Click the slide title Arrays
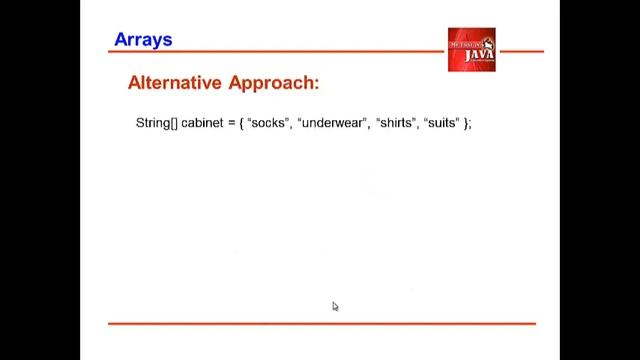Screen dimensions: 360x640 coord(143,40)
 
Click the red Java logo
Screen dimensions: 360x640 coord(471,50)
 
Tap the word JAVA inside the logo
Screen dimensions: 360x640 coord(477,54)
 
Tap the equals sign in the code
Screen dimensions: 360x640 coord(230,123)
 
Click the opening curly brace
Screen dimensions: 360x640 coord(241,123)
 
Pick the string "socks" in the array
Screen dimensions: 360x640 coord(268,123)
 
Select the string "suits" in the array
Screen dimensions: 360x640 coord(442,123)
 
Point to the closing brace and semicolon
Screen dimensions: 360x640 coord(467,123)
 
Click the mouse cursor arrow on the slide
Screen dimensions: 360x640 coord(335,306)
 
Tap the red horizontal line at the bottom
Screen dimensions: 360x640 coord(321,323)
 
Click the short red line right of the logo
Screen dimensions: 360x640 coord(520,51)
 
